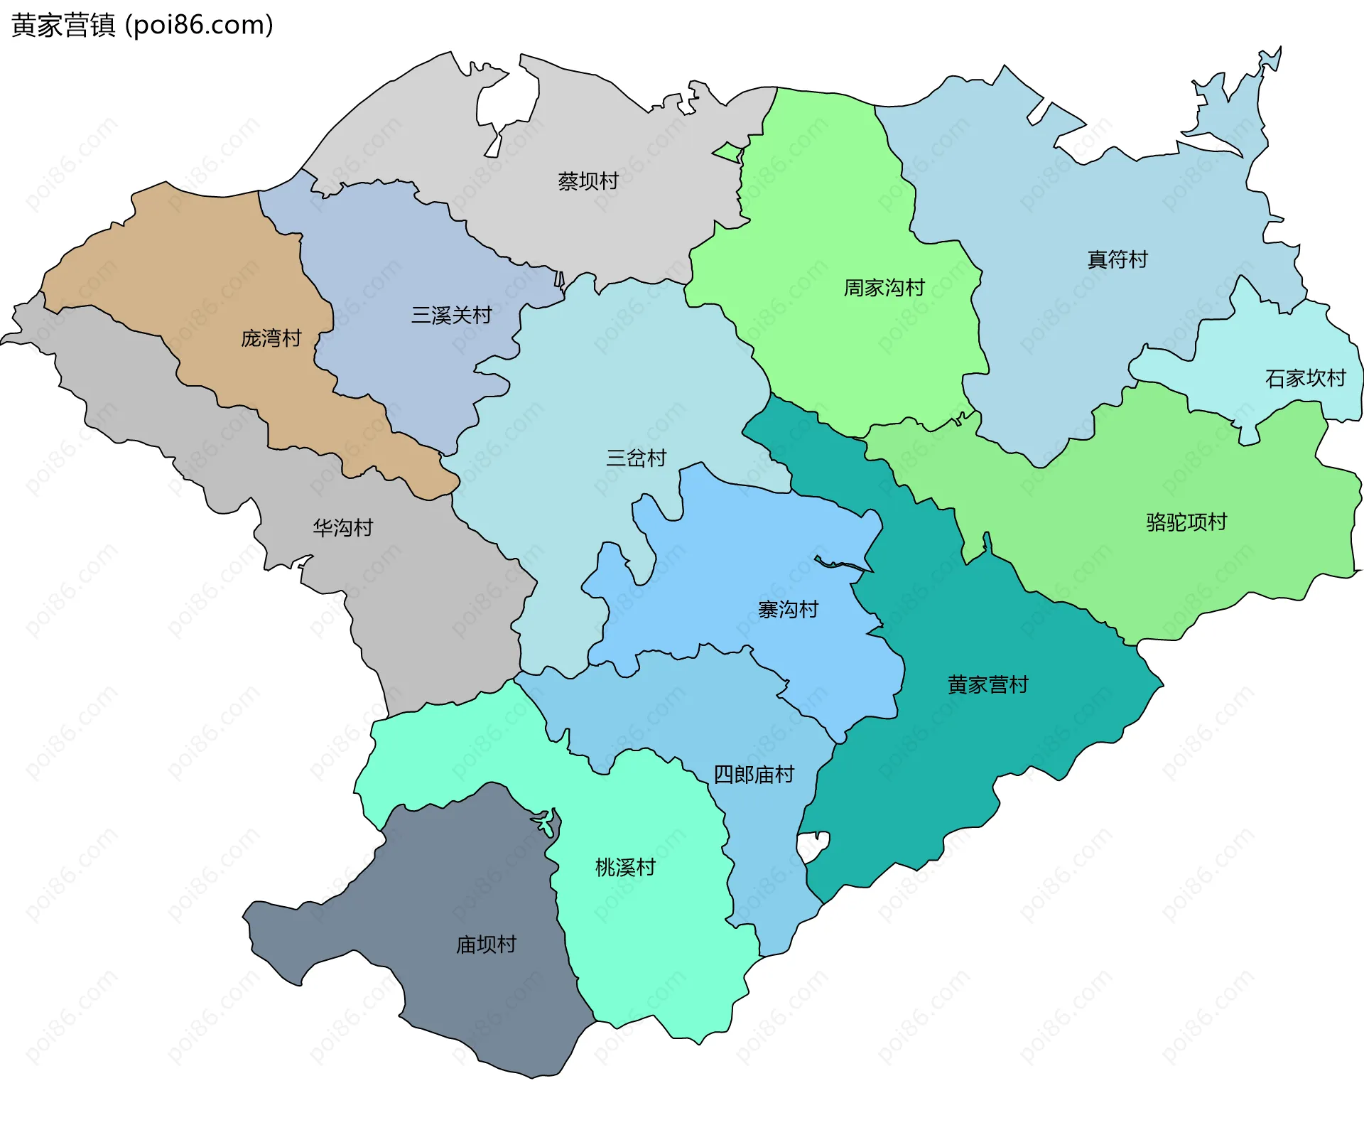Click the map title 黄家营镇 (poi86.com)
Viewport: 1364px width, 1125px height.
click(x=142, y=26)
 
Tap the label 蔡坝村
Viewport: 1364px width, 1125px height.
click(x=588, y=181)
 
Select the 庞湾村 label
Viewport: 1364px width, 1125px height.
click(x=271, y=338)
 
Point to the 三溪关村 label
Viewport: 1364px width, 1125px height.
click(x=451, y=315)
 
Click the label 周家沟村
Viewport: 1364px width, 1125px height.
click(x=884, y=288)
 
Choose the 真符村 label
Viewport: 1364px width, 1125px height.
click(x=1117, y=259)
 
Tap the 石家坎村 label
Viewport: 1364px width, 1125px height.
click(x=1305, y=378)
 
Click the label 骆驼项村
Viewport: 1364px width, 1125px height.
click(x=1186, y=522)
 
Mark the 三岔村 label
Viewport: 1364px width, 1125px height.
click(x=636, y=458)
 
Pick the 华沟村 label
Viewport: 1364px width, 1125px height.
click(x=342, y=527)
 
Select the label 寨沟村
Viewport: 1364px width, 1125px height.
click(x=787, y=609)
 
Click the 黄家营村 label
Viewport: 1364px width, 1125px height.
click(x=987, y=684)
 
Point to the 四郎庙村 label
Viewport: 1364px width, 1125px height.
click(x=753, y=774)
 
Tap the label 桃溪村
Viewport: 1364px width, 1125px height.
click(x=624, y=867)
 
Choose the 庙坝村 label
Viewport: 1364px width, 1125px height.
click(x=485, y=944)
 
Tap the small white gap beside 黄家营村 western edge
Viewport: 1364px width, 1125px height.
click(x=811, y=846)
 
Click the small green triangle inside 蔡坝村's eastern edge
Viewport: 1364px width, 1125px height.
click(x=730, y=152)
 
